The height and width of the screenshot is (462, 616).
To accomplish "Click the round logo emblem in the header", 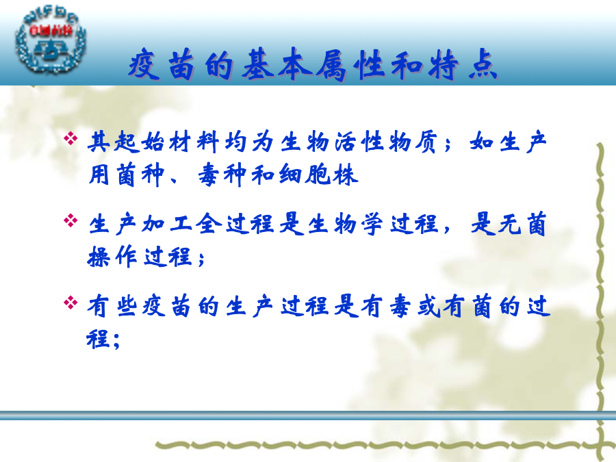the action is coord(50,42).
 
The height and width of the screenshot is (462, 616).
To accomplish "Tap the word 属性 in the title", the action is coord(350,64).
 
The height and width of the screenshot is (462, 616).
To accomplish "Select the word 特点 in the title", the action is coord(463,64).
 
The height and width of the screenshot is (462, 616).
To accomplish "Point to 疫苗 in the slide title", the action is coord(162,64).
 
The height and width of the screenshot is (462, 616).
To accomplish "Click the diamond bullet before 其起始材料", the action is coord(70,138).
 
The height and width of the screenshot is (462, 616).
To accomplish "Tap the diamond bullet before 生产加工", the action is coord(70,220).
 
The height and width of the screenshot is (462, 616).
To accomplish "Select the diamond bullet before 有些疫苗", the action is coord(70,303).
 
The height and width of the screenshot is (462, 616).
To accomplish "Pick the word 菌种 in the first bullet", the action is coord(140,175).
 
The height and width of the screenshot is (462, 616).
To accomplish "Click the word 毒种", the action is coord(222,175).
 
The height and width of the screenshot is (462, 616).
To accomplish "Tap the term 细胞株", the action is coord(318,175).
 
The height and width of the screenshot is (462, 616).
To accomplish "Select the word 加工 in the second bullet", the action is coord(168,224).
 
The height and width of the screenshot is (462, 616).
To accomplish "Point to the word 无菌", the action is coord(522,224).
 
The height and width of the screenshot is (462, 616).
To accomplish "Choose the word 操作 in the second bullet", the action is coord(112,257).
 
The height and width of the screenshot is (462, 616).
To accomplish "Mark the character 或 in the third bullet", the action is coord(429,306).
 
